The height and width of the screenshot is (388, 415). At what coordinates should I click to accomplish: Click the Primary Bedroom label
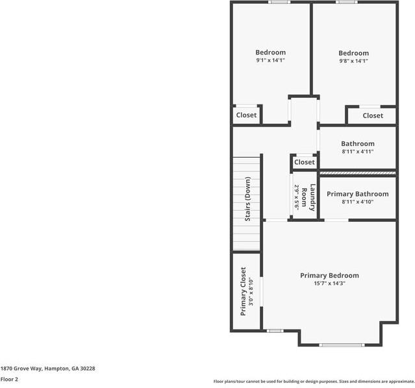pyautogui.click(x=329, y=275)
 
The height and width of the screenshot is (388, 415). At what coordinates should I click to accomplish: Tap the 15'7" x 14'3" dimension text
pyautogui.click(x=329, y=283)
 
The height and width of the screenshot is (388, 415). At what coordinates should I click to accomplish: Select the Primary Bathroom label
pyautogui.click(x=357, y=194)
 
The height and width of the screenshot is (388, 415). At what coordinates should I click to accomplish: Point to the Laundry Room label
pyautogui.click(x=312, y=197)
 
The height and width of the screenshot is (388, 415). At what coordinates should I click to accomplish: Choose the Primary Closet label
pyautogui.click(x=244, y=291)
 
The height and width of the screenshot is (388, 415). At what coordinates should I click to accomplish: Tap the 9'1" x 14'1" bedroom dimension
pyautogui.click(x=270, y=60)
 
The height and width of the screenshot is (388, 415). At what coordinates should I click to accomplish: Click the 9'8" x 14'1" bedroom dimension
pyautogui.click(x=353, y=61)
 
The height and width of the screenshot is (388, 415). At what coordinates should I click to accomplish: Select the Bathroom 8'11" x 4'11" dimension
pyautogui.click(x=357, y=152)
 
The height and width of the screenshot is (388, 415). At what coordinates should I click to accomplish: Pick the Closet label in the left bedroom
pyautogui.click(x=246, y=115)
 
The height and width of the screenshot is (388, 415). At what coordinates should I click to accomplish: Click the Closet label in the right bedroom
pyautogui.click(x=373, y=115)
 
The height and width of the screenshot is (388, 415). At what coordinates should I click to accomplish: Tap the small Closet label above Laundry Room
pyautogui.click(x=304, y=162)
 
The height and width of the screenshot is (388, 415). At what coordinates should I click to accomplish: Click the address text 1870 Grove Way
pyautogui.click(x=47, y=368)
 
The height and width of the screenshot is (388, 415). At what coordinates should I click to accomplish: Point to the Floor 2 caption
pyautogui.click(x=9, y=379)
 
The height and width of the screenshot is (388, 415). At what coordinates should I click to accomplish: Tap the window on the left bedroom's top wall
pyautogui.click(x=279, y=2)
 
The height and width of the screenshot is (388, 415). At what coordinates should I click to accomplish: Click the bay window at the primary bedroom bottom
pyautogui.click(x=342, y=345)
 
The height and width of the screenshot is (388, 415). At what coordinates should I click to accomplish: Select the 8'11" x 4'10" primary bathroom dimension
pyautogui.click(x=357, y=202)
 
